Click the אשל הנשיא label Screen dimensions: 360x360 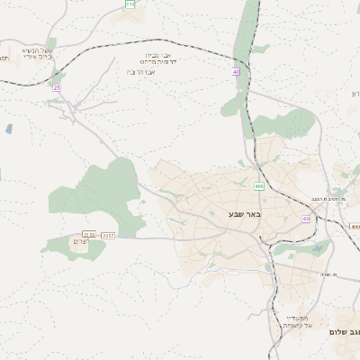(36, 50)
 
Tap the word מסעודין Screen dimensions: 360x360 (296, 318)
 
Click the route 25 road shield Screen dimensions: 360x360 (58, 87)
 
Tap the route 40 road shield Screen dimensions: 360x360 (237, 71)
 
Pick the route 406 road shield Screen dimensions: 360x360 (259, 186)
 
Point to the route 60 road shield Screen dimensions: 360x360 (306, 219)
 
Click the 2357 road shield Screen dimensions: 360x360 (108, 235)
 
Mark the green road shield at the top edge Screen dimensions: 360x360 (130, 4)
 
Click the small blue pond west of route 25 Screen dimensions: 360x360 (9, 129)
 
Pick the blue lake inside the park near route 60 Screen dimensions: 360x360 (317, 248)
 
